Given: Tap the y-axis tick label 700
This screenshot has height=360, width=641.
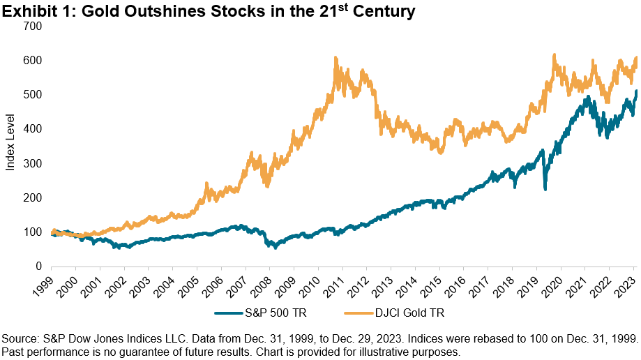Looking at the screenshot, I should [34, 27].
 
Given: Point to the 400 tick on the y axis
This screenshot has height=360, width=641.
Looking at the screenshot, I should [34, 129].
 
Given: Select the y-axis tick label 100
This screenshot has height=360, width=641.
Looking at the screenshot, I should [34, 232].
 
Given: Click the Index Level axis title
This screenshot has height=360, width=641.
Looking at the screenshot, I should [10, 147].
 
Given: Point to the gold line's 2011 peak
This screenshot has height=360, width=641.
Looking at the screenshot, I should [336, 58].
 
